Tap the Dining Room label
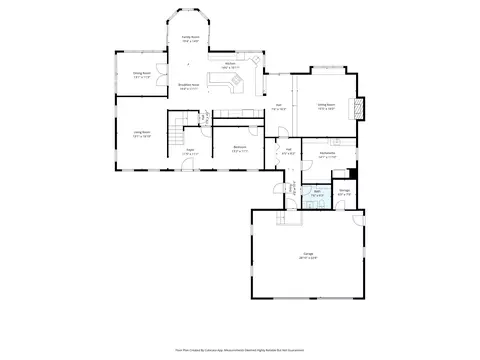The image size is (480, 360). (x=142, y=74)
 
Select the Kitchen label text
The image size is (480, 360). (x=230, y=64)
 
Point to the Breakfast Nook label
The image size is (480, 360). (x=188, y=87)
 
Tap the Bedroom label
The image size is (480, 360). (x=240, y=149)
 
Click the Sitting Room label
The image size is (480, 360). (x=326, y=105)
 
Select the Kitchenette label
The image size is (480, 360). (x=327, y=156)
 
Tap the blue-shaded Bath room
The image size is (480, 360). (x=315, y=197)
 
